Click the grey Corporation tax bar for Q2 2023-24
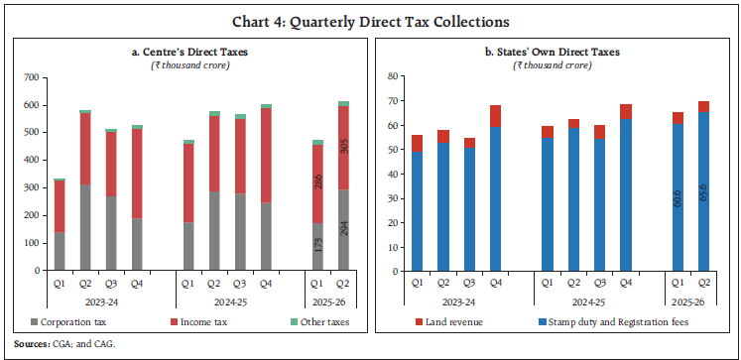pos(86,227)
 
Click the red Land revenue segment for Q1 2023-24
pos(417,143)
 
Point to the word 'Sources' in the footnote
pos(31,344)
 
